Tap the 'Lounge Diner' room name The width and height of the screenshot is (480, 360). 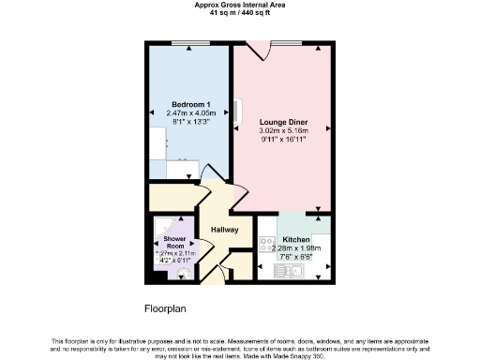tap(283, 121)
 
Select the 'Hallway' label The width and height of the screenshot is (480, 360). tap(224, 230)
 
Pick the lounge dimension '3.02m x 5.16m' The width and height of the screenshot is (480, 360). tap(283, 130)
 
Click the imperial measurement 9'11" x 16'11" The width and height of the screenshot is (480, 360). tap(283, 139)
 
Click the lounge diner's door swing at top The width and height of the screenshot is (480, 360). tap(255, 52)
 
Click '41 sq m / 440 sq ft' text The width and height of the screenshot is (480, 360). tap(240, 14)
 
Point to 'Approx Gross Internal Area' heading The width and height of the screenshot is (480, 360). tap(240, 6)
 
